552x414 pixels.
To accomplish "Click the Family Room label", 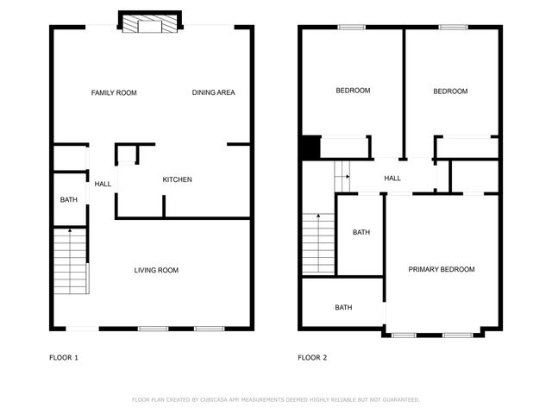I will pos(114,92).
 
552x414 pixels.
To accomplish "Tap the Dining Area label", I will pos(213,92).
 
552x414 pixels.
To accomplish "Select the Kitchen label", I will pos(177,179).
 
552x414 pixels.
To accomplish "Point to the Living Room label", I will pos(156,270).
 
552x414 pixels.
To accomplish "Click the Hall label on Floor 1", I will pos(103,184).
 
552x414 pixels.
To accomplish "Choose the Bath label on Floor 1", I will pos(68,200).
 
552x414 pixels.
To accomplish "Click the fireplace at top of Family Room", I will pos(150,24).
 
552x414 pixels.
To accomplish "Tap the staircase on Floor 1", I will pos(70,262).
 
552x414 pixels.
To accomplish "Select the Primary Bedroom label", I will pos(442,269).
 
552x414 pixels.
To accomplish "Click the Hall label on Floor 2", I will pos(392,179).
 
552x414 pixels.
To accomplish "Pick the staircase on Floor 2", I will pos(317,242).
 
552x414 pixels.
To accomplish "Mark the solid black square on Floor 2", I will pos(310,147).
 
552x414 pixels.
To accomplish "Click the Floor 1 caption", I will pos(64,357).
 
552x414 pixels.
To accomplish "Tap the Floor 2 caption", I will pos(312,357).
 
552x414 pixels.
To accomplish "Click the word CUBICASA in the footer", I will pos(221,399).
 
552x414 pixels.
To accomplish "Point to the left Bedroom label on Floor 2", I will pos(353,91).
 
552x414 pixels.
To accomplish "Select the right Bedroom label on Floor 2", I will pos(450,91).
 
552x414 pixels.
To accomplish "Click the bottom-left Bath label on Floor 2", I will pos(343,307).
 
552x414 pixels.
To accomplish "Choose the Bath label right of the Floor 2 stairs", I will pos(361,232).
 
